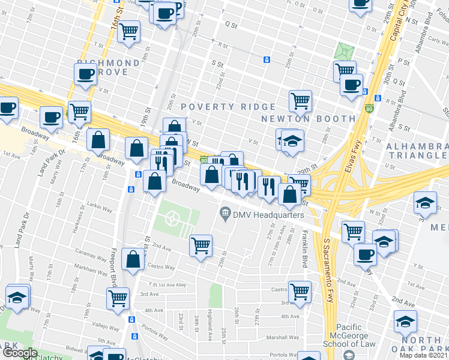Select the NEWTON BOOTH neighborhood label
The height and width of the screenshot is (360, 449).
coord(308,119)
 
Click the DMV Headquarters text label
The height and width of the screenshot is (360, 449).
coord(269,215)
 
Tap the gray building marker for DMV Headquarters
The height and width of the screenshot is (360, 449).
coord(225,213)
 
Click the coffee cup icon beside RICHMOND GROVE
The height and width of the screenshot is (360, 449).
coord(86,73)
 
